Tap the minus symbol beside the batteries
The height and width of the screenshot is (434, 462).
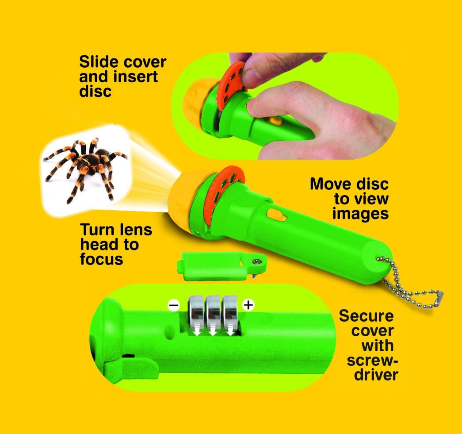click(174, 305)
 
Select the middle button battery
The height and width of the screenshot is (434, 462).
click(212, 315)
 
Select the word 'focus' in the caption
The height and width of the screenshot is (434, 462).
click(101, 259)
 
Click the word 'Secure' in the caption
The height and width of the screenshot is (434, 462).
click(366, 316)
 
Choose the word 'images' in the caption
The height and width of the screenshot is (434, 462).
click(360, 213)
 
